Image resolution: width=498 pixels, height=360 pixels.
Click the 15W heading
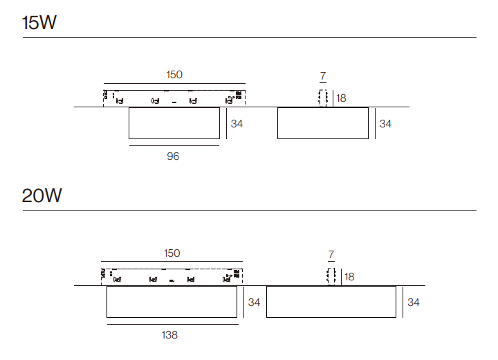39,23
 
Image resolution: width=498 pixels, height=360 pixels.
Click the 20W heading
41,195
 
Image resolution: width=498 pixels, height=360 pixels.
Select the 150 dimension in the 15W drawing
174,75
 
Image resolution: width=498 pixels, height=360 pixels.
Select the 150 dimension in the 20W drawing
172,253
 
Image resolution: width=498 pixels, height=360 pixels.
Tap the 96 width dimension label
173,156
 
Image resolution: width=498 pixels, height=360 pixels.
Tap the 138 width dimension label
169,335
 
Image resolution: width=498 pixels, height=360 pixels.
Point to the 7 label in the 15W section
323,76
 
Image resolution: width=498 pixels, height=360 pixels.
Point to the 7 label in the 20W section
331,255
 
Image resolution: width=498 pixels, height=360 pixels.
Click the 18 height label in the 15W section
341,98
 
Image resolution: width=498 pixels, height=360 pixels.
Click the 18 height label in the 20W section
349,277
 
